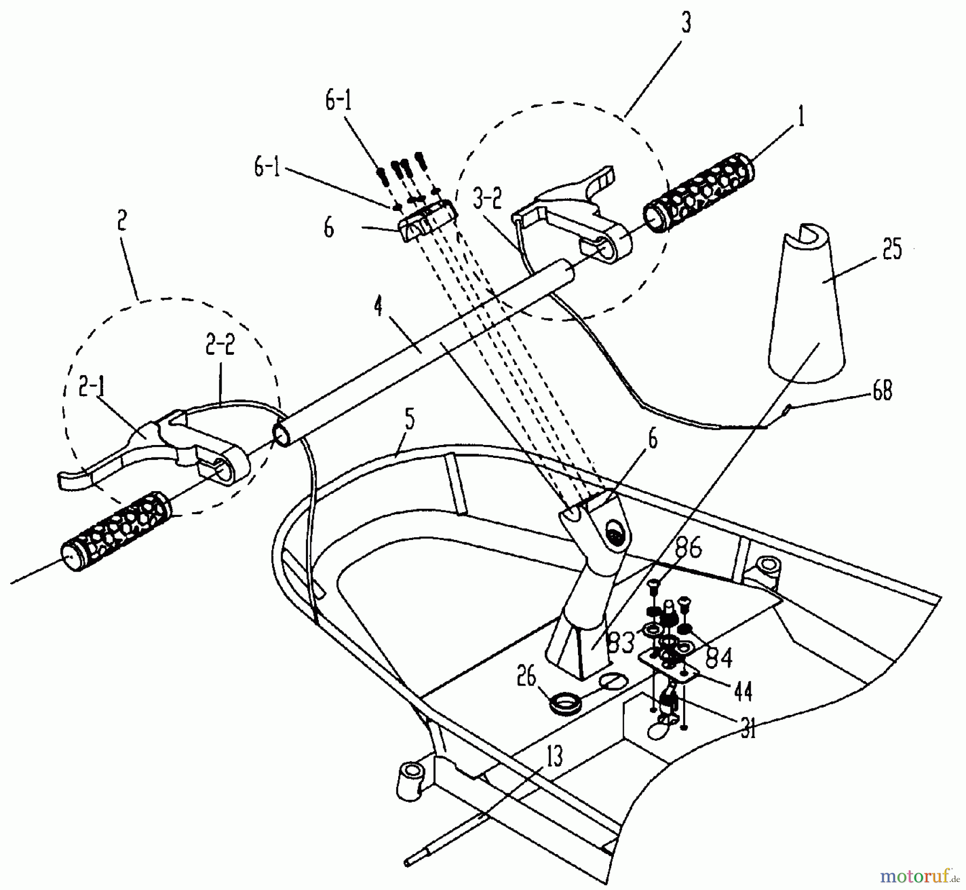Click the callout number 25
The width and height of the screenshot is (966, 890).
(x=891, y=250)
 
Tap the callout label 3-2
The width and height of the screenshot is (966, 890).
(x=487, y=201)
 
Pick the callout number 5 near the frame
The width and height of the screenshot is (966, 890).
(x=409, y=420)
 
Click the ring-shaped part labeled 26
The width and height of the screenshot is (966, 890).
(x=563, y=702)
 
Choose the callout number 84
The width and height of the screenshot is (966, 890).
(x=719, y=657)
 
